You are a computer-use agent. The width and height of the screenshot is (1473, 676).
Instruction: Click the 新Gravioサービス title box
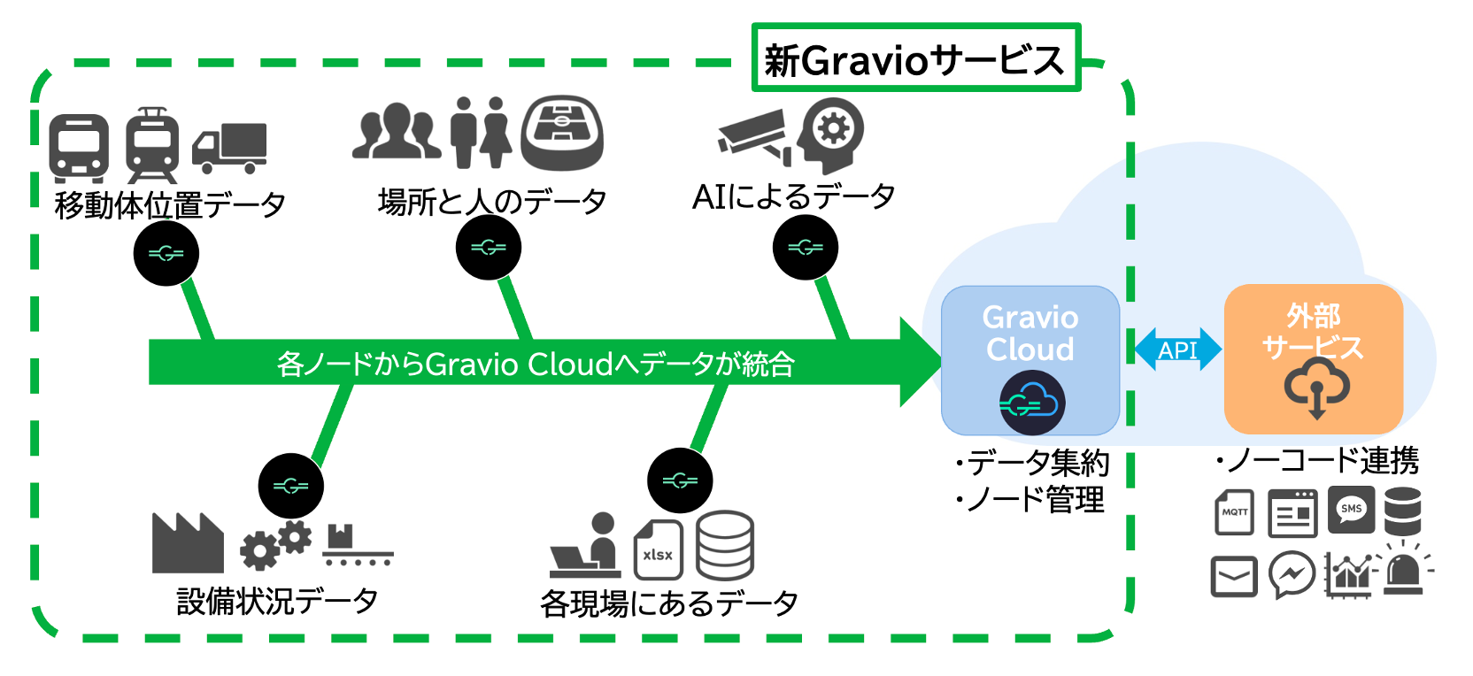[x=915, y=58]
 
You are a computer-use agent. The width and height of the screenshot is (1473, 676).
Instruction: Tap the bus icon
[x=79, y=148]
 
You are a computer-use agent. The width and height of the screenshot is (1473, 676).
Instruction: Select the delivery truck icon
[x=229, y=148]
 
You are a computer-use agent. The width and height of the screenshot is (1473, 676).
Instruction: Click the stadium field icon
[x=562, y=133]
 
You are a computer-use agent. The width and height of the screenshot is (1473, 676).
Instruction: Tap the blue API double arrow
[x=1177, y=350]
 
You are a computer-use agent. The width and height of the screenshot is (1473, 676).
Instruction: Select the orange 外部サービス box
[x=1313, y=358]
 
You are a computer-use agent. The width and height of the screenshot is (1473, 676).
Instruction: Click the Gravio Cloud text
[x=1030, y=333]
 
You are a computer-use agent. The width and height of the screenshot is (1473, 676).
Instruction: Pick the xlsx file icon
[x=658, y=549]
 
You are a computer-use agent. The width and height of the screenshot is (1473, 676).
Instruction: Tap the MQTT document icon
[x=1234, y=512]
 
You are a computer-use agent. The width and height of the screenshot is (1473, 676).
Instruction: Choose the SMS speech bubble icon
[x=1351, y=511]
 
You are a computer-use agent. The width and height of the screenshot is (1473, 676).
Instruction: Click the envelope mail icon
[x=1234, y=576]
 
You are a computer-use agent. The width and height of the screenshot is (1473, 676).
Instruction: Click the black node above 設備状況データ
[x=290, y=486]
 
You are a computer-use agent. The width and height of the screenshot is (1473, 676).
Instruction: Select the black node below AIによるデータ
[x=805, y=248]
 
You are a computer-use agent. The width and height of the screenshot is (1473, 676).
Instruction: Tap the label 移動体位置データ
[x=170, y=205]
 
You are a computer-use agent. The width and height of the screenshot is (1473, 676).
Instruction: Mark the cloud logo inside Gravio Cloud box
[x=1032, y=403]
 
